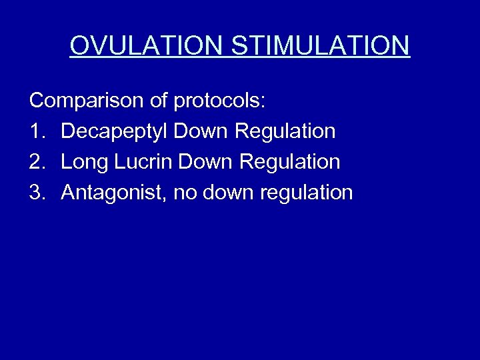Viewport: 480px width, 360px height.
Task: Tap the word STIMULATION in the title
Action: click(x=321, y=45)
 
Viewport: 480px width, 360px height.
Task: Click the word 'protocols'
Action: click(x=219, y=102)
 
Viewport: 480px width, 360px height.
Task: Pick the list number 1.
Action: click(x=36, y=131)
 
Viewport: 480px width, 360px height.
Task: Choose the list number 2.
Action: click(x=36, y=162)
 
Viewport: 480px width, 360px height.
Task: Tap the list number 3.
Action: click(x=36, y=193)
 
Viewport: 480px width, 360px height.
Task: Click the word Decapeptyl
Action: click(x=114, y=132)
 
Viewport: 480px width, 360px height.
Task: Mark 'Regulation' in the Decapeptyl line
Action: click(x=285, y=132)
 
